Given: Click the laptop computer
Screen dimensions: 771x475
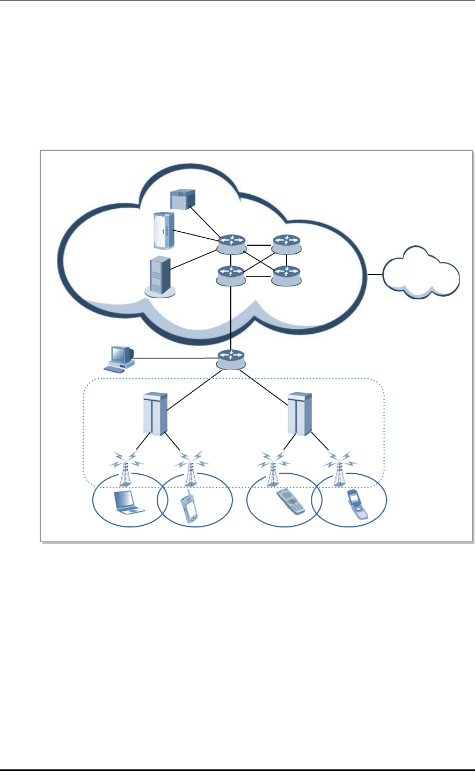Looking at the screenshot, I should [129, 502].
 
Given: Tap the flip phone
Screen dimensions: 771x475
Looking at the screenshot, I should [356, 504].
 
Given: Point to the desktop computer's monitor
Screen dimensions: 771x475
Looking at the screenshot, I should [120, 355].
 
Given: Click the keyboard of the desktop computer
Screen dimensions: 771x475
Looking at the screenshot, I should [116, 369].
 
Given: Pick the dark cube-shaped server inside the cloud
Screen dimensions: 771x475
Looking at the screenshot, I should [182, 199].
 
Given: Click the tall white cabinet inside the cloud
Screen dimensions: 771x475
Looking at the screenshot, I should [163, 231].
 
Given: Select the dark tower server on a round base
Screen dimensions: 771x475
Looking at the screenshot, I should [159, 275].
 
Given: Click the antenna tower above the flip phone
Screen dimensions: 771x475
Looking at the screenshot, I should [339, 467].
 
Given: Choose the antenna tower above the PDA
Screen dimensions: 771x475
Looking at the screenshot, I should [189, 467].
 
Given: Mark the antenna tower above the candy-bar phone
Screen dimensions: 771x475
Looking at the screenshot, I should [273, 467].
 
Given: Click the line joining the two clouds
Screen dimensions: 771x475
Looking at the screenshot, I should [375, 275].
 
